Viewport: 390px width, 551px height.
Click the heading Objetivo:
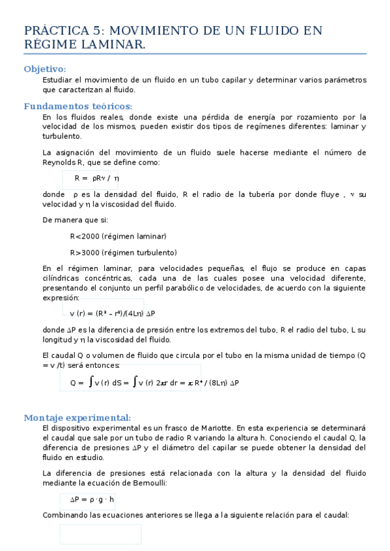click(x=44, y=69)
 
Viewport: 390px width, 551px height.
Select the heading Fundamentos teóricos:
click(x=78, y=106)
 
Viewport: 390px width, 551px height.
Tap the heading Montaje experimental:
click(x=77, y=418)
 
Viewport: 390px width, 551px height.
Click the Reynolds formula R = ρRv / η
click(x=96, y=178)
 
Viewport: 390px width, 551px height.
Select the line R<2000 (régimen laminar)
click(x=118, y=236)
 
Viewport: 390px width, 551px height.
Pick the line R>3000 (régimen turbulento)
click(x=123, y=253)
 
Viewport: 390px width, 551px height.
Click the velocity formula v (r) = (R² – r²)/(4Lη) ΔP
click(x=111, y=313)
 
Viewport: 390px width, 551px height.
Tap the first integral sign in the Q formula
click(x=90, y=382)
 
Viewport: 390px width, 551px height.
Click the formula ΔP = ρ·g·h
click(x=92, y=499)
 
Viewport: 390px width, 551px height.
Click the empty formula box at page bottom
click(x=100, y=534)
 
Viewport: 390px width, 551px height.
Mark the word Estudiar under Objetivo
click(x=57, y=80)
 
